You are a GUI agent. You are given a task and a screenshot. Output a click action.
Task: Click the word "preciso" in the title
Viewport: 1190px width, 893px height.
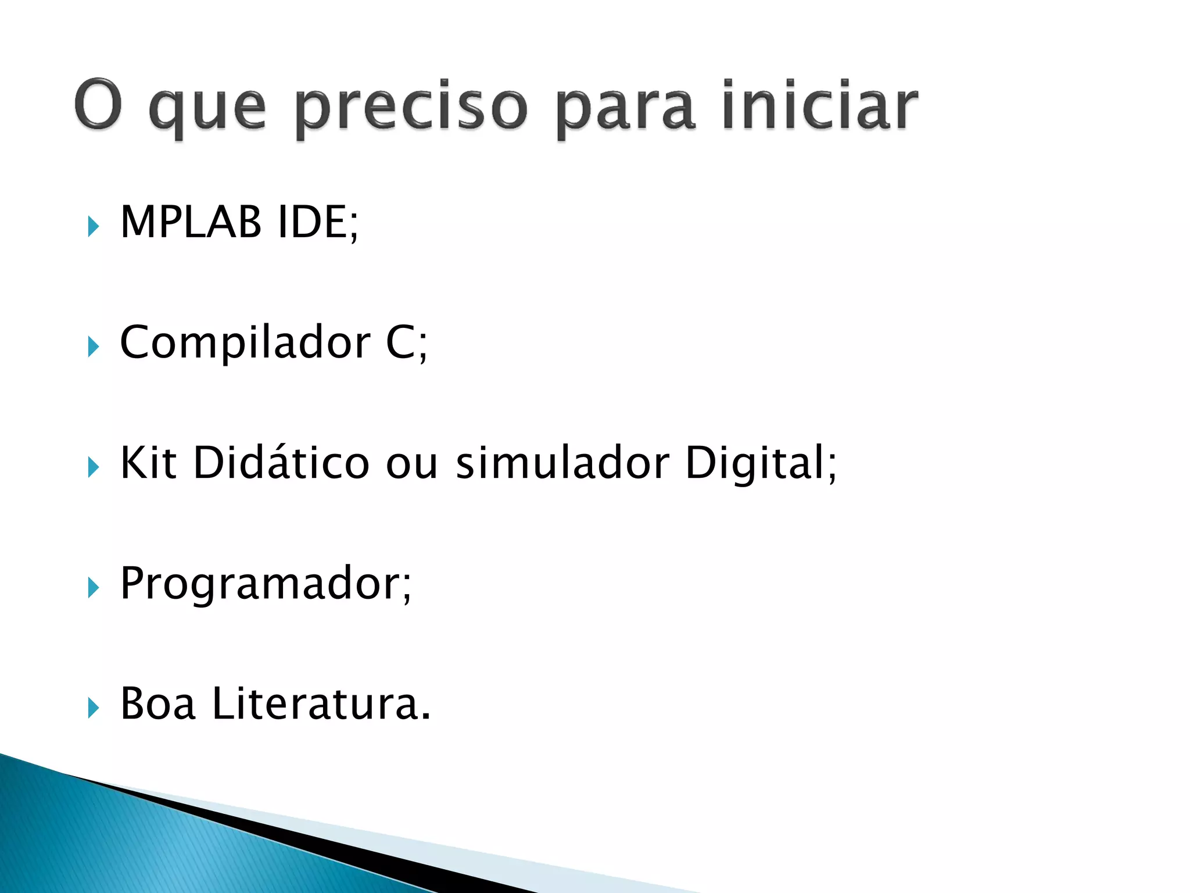tap(411, 108)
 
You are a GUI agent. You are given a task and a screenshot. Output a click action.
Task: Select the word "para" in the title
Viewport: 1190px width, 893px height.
tap(625, 109)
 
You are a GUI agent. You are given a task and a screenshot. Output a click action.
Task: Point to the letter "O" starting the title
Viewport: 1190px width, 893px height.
tap(98, 105)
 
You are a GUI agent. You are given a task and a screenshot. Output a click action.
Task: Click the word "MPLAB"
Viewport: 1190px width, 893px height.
tap(191, 222)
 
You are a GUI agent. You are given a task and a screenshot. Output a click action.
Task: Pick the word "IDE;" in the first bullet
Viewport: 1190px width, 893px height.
tap(318, 223)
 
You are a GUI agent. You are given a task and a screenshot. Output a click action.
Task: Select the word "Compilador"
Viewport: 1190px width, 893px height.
tap(245, 343)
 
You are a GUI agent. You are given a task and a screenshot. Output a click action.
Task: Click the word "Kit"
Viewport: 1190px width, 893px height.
tap(148, 463)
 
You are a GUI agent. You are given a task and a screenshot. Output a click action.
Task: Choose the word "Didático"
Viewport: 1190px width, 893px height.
tap(281, 463)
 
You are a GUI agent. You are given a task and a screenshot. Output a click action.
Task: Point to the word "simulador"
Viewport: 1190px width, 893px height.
tap(562, 463)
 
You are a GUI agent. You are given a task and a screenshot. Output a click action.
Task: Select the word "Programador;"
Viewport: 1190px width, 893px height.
tap(266, 584)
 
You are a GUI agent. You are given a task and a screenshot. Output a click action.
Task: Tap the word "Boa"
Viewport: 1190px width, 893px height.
tap(157, 704)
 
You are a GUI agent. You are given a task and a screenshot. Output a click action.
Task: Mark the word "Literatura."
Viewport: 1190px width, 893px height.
tap(321, 704)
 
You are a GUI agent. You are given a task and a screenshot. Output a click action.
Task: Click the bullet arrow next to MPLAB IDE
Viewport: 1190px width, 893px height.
tap(93, 226)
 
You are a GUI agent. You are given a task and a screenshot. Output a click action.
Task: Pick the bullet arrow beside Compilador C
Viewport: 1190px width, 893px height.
tap(93, 347)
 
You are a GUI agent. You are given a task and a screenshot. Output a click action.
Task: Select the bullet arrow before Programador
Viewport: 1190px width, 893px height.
tap(93, 588)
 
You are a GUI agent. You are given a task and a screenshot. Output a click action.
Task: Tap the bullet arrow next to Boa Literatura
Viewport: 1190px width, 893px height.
tap(93, 708)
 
